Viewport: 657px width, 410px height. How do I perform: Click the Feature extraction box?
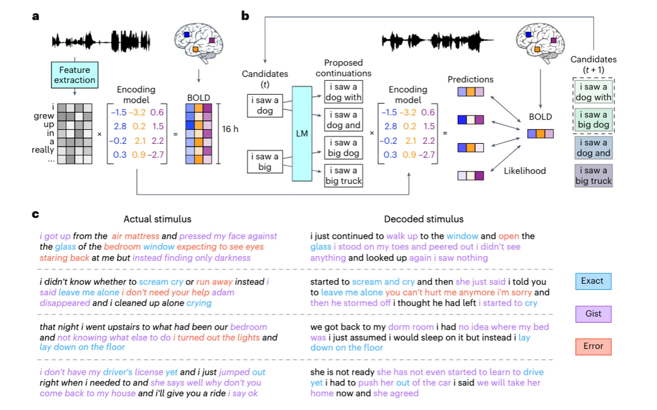74,75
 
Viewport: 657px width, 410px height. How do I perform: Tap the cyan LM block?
302,134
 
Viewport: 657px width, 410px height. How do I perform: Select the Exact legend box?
593,281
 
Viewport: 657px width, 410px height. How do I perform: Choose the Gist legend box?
593,314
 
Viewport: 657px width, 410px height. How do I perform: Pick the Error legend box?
593,346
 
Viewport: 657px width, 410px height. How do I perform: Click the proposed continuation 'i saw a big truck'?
343,176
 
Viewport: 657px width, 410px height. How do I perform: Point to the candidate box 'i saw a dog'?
265,106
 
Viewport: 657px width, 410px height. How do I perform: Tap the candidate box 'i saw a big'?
265,162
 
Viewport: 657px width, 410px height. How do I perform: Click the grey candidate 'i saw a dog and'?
593,148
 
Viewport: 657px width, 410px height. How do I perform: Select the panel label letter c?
35,214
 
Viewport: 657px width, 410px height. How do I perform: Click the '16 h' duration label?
230,129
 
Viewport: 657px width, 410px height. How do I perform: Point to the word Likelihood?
525,171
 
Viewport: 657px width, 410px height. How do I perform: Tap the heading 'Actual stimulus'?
157,219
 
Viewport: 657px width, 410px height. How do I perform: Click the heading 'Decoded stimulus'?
424,219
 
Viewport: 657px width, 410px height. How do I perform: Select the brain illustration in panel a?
199,43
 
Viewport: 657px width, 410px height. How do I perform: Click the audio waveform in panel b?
437,41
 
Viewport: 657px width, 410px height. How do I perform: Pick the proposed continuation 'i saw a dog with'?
343,92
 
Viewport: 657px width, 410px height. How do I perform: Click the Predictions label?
470,79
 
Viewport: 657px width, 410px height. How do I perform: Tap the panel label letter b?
245,16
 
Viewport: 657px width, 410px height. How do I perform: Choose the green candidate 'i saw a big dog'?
593,120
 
